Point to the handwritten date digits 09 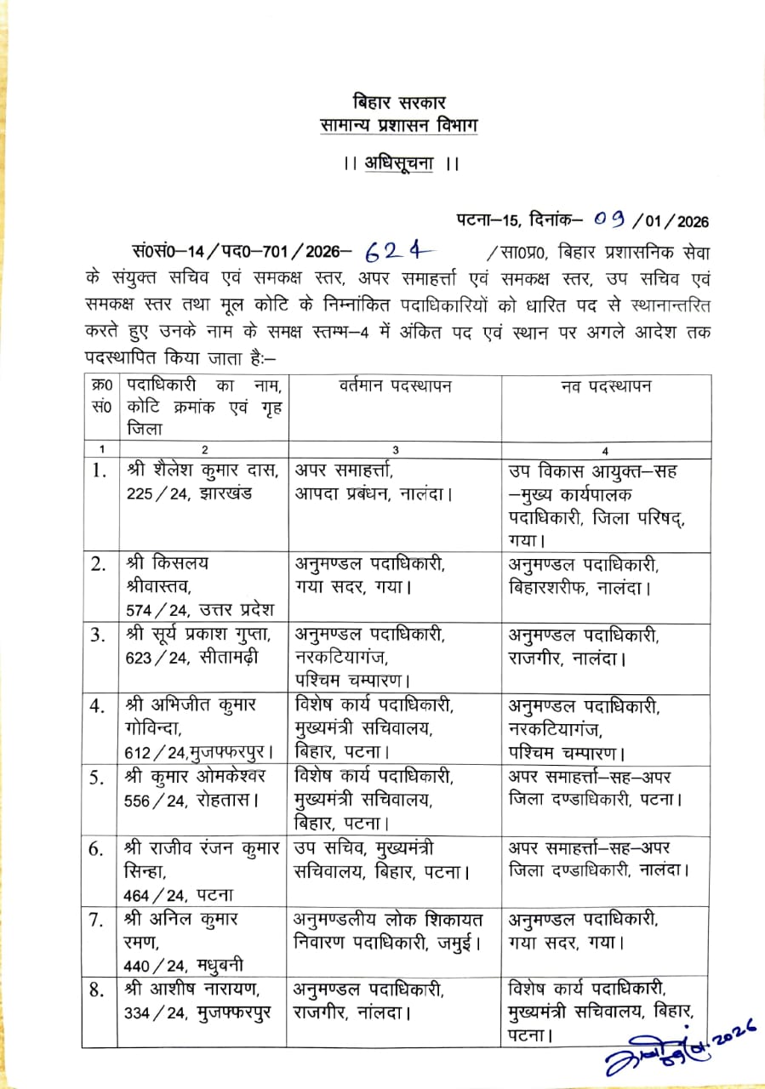[x=610, y=221]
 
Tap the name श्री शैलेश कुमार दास [x=199, y=470]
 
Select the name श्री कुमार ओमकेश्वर [x=196, y=777]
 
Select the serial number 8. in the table [x=99, y=989]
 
